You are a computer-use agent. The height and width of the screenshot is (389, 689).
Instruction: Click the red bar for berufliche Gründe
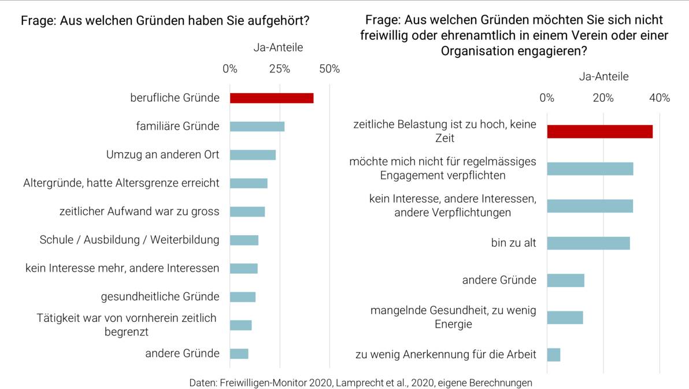click(x=272, y=98)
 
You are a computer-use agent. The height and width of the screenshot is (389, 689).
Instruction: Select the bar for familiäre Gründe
click(x=257, y=126)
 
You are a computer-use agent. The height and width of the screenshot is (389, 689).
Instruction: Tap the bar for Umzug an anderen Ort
click(x=253, y=155)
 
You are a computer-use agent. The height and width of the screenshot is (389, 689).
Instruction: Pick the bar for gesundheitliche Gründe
click(x=243, y=297)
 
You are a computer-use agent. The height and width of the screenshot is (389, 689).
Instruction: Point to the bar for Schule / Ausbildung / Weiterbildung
click(x=244, y=240)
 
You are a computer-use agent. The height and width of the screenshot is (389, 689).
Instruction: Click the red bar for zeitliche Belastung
click(x=599, y=131)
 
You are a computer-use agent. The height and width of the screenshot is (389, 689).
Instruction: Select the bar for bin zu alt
click(x=588, y=243)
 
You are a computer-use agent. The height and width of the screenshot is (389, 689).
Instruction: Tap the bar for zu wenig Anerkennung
click(x=553, y=354)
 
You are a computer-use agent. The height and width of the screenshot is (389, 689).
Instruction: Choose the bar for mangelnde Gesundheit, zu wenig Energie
click(x=565, y=317)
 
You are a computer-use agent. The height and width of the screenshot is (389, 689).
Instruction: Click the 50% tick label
click(x=329, y=69)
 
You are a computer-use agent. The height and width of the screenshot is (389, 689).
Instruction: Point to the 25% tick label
click(x=280, y=69)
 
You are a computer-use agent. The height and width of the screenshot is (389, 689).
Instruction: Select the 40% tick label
click(x=659, y=98)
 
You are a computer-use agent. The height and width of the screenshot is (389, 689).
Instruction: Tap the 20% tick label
click(x=603, y=98)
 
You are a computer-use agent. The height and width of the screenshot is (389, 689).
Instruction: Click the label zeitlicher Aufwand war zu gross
click(x=139, y=211)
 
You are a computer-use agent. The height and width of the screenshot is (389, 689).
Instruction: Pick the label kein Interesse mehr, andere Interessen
click(x=123, y=268)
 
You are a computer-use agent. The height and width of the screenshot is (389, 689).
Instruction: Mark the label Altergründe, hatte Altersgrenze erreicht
click(x=121, y=183)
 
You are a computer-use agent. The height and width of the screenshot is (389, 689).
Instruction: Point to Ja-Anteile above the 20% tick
click(x=603, y=76)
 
